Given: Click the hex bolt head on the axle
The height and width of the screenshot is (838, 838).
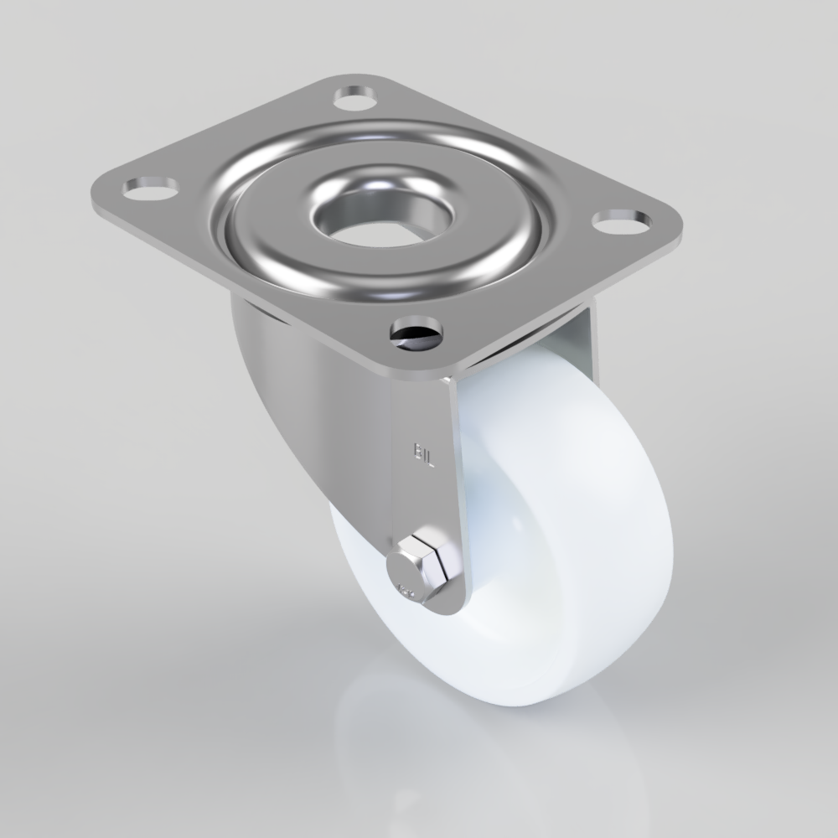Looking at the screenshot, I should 425,559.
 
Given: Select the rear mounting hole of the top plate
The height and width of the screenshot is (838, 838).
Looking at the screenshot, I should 355,98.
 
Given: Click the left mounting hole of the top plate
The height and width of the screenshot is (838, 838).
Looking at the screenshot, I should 148,187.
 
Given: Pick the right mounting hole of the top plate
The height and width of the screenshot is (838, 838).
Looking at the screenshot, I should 622,220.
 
